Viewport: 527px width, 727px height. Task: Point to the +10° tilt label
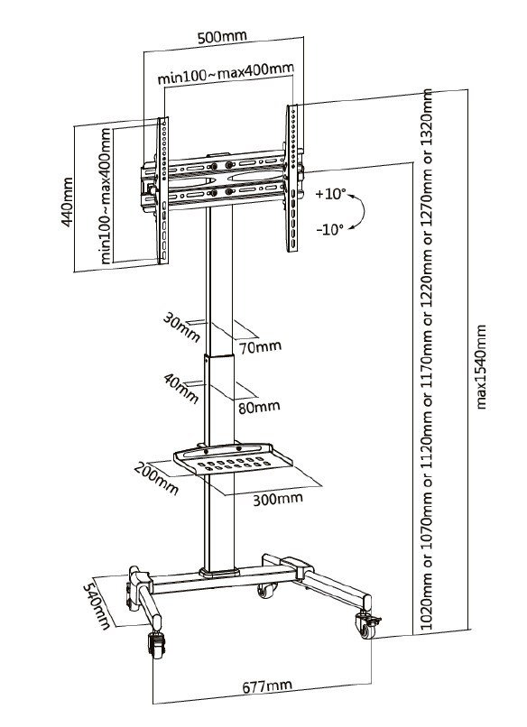[x=331, y=193]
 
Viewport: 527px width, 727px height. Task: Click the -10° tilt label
[x=329, y=229]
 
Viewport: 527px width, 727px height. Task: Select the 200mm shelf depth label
[x=155, y=475]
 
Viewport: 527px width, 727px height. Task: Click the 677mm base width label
[x=266, y=686]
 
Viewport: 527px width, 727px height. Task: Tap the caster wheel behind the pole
[x=267, y=591]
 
